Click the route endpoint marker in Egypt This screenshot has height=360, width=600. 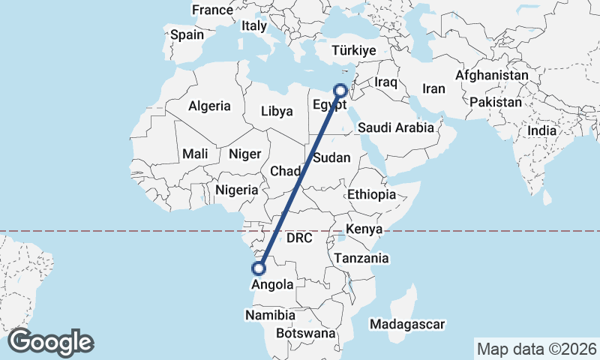[x=340, y=90]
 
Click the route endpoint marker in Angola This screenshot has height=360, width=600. [x=260, y=268]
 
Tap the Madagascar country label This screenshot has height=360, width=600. [x=407, y=325]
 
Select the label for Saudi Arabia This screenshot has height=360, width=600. [x=395, y=127]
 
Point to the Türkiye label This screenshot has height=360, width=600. [x=354, y=51]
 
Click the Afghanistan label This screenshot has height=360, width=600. [x=491, y=76]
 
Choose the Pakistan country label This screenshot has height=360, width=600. [x=496, y=101]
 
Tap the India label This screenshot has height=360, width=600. [x=542, y=130]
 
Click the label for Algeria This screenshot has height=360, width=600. [x=209, y=106]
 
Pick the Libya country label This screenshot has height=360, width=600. [x=277, y=111]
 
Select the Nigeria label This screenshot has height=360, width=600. [x=236, y=190]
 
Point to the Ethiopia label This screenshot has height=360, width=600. [x=370, y=194]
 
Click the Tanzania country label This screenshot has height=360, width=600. [x=361, y=258]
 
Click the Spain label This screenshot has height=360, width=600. [x=187, y=34]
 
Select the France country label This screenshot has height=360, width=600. [x=212, y=10]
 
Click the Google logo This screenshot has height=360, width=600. [x=51, y=342]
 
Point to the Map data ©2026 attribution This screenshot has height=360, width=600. [x=537, y=349]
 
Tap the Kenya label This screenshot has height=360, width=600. [x=365, y=228]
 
